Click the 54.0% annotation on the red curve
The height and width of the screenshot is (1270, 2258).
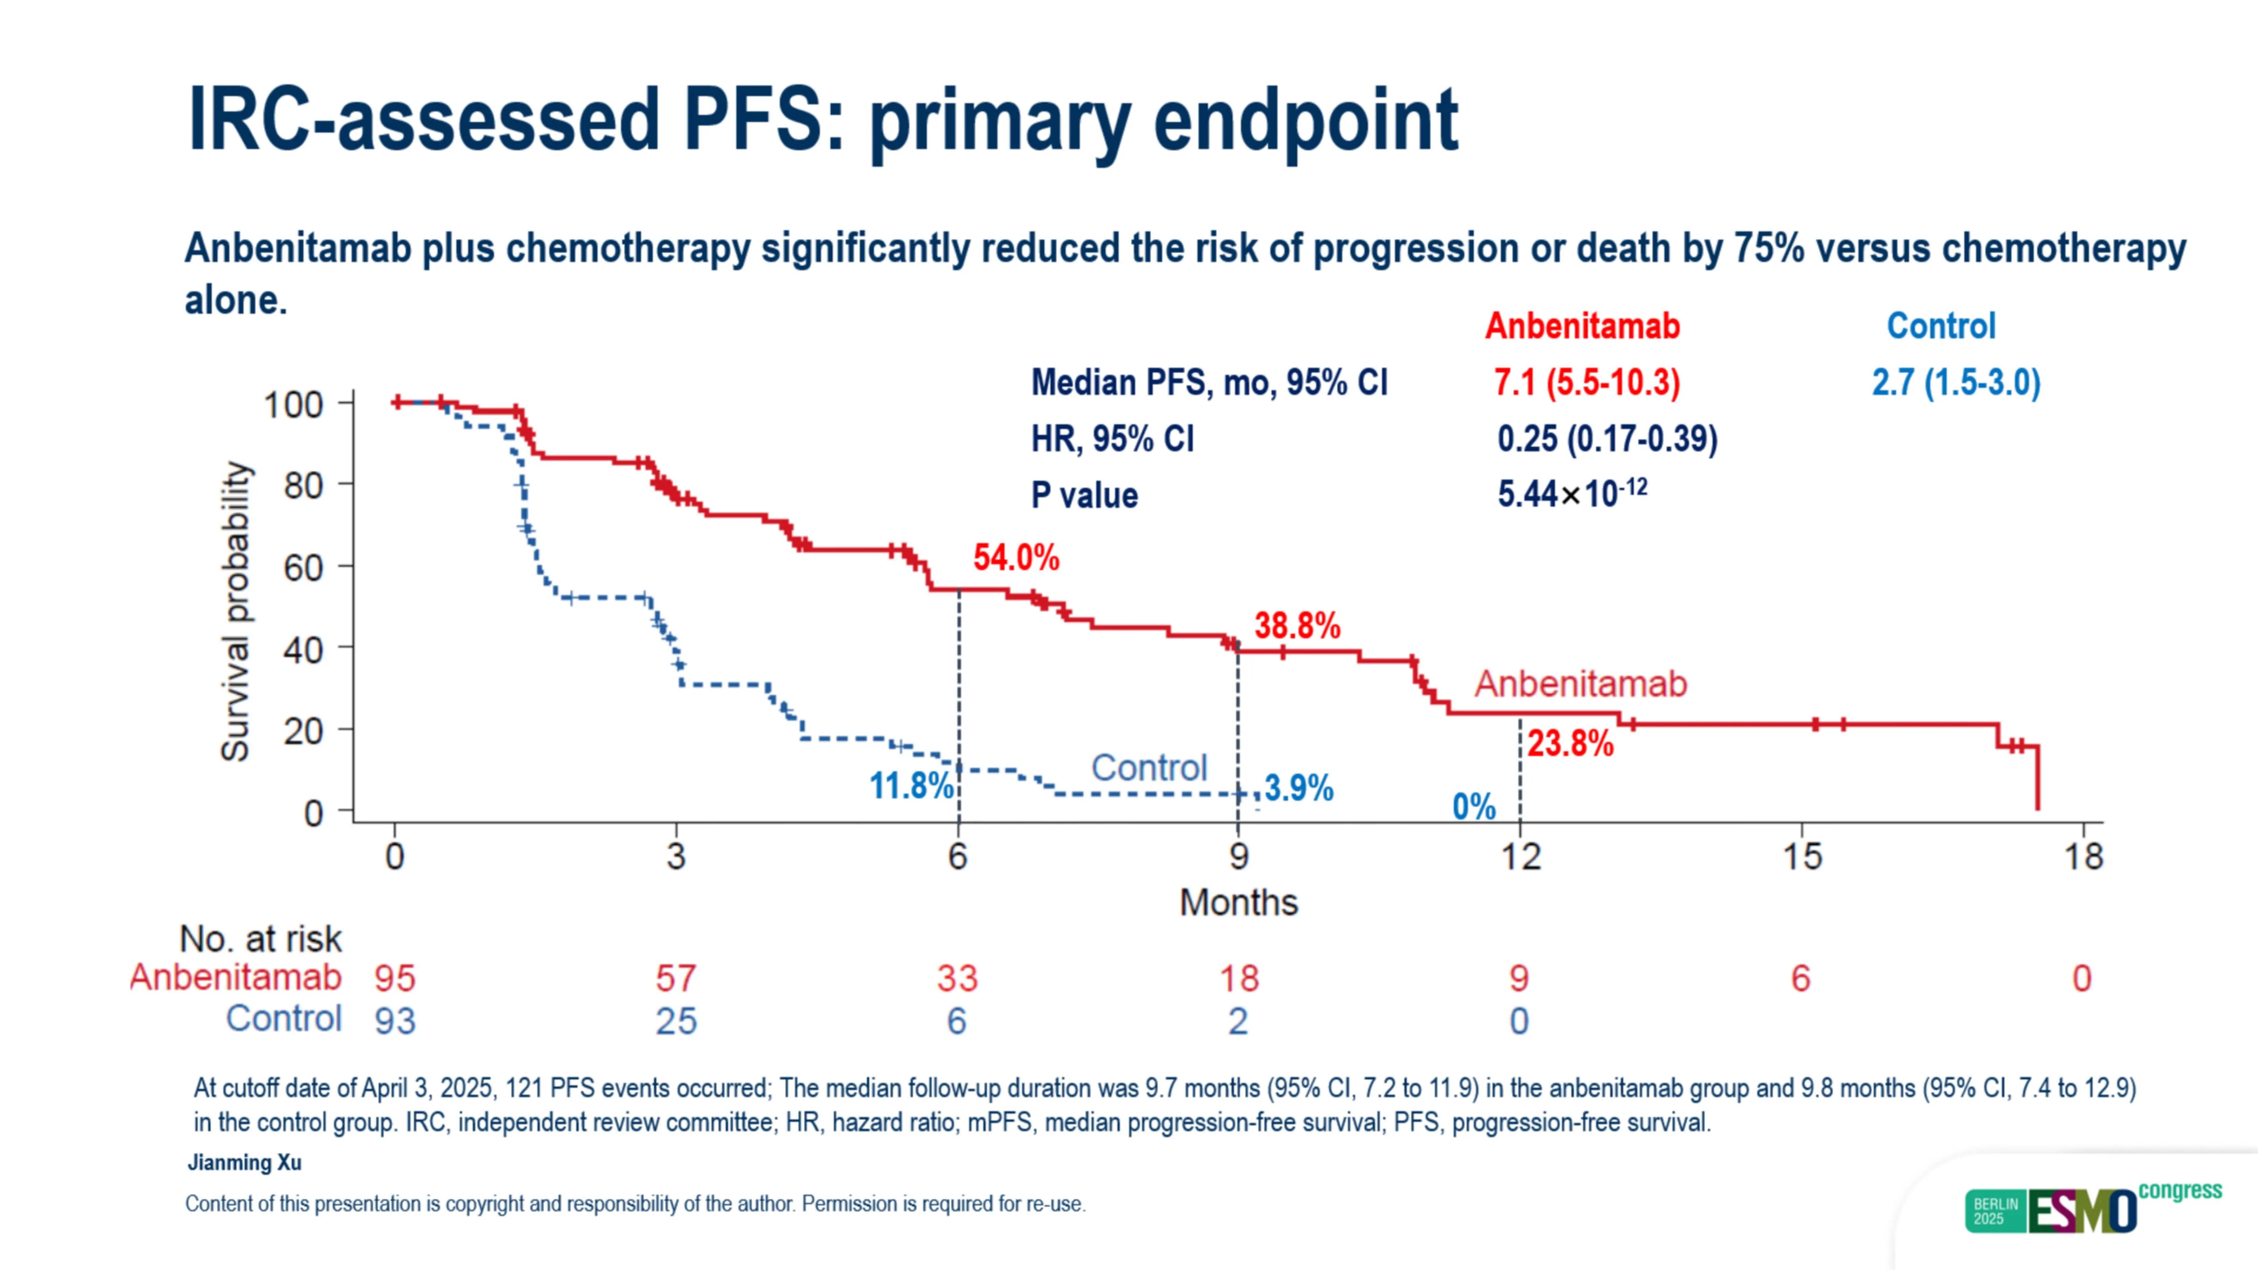click(x=1016, y=557)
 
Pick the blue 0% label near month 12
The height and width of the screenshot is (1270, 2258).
click(x=1473, y=806)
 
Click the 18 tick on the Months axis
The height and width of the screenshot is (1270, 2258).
click(x=2083, y=856)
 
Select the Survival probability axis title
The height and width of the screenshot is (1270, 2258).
click(x=235, y=611)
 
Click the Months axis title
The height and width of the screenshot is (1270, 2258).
click(x=1238, y=902)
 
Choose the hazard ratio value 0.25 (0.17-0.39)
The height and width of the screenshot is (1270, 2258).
click(x=1607, y=438)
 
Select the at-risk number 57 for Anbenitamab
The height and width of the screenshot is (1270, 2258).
click(x=676, y=978)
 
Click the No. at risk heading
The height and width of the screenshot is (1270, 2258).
click(x=260, y=939)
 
